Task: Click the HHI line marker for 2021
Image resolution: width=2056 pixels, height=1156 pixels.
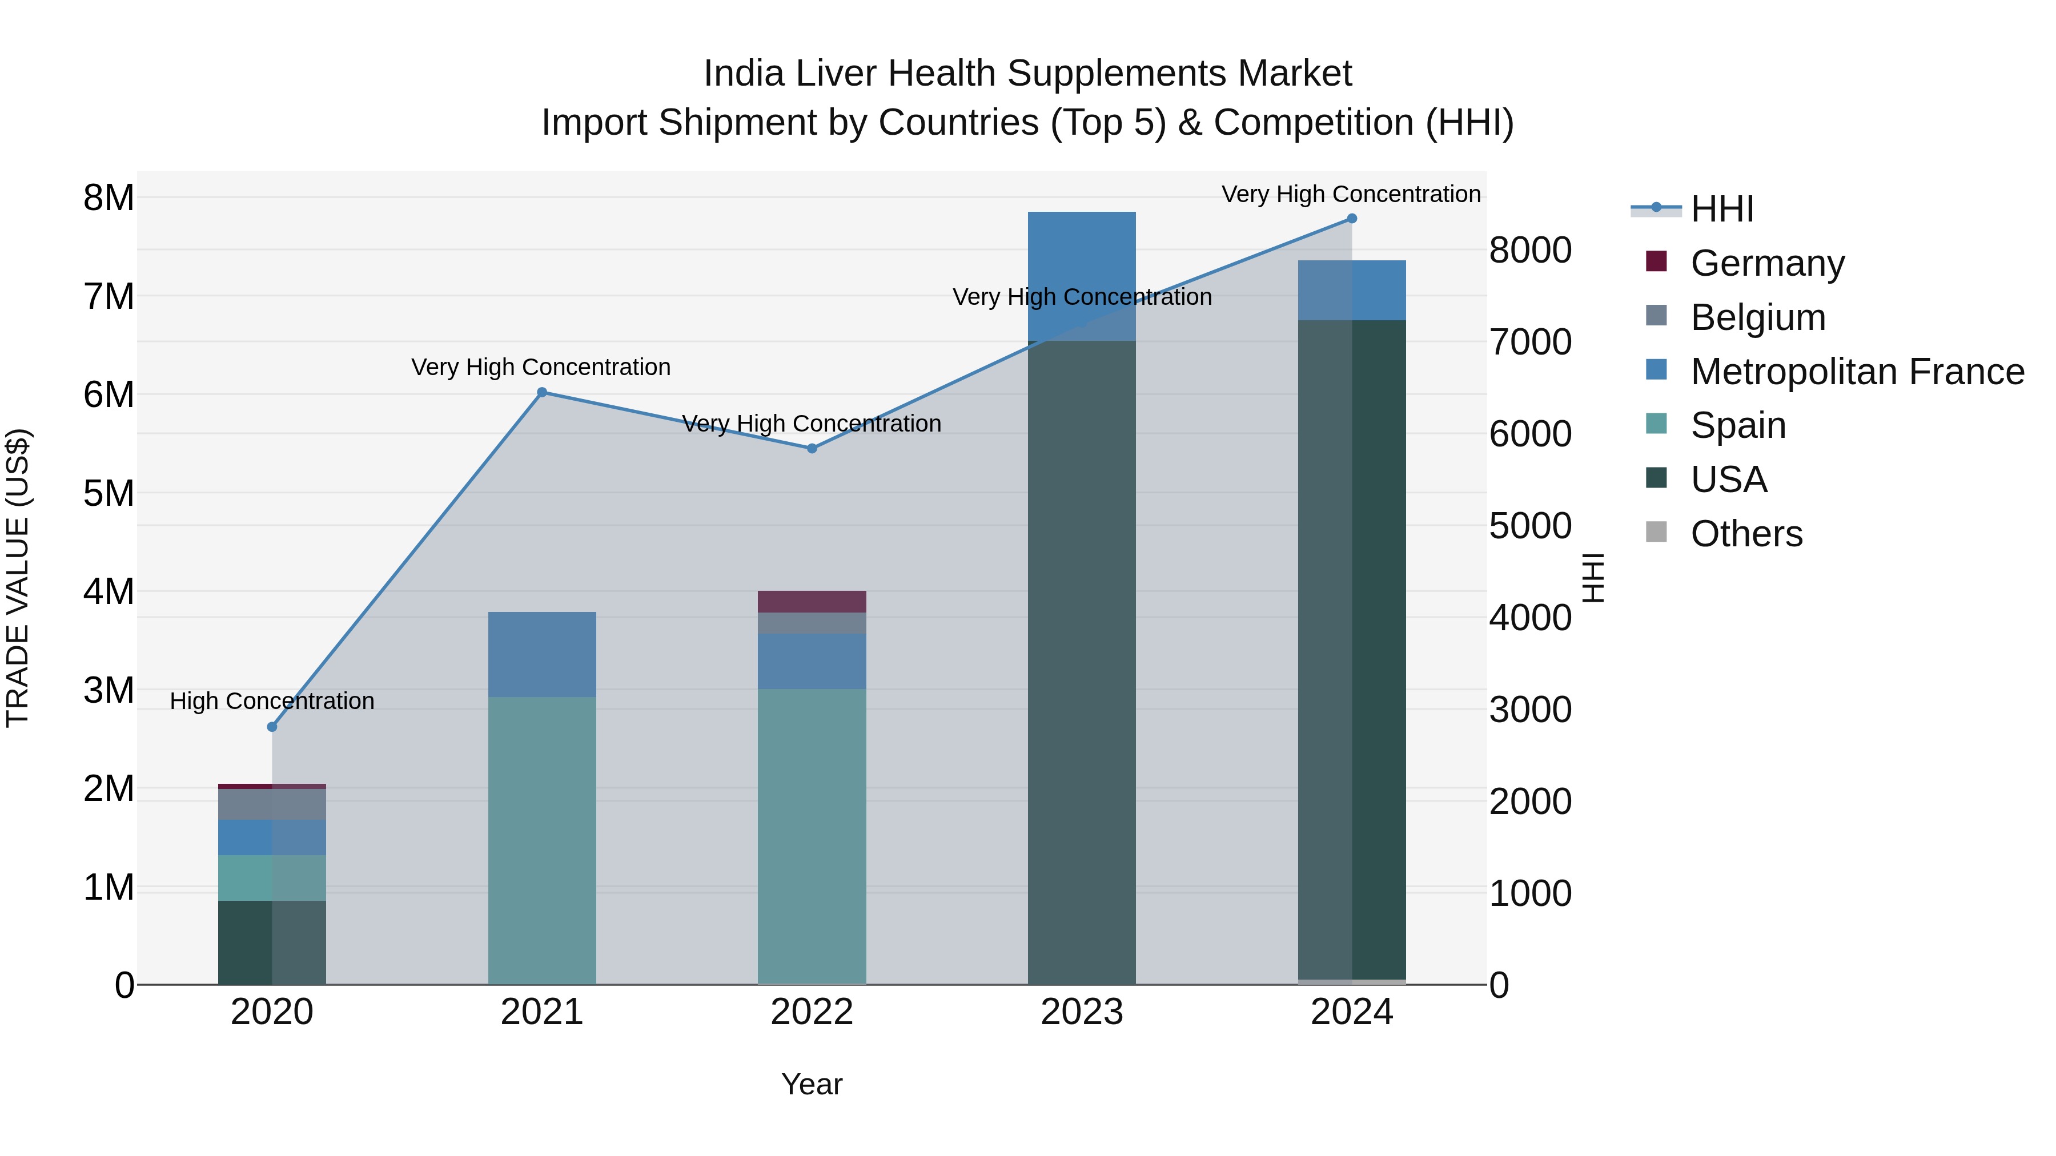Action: pyautogui.click(x=542, y=392)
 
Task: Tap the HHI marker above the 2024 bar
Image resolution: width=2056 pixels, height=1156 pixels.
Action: pyautogui.click(x=1351, y=219)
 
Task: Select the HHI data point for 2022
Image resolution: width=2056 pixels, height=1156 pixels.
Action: pyautogui.click(x=812, y=448)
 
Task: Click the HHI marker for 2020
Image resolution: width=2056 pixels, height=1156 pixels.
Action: pyautogui.click(x=272, y=727)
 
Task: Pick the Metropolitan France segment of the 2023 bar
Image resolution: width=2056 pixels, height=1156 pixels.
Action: pyautogui.click(x=1082, y=276)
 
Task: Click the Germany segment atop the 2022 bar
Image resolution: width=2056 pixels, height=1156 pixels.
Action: pyautogui.click(x=812, y=602)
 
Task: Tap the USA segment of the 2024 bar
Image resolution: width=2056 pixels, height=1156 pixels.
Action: pyautogui.click(x=1351, y=650)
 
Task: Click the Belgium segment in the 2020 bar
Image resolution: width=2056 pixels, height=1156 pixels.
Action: pyautogui.click(x=272, y=804)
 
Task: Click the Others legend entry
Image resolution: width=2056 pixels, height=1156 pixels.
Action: pyautogui.click(x=1746, y=534)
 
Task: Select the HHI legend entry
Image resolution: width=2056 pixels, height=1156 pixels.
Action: pyautogui.click(x=1721, y=209)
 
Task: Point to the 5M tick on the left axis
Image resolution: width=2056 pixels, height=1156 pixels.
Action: pyautogui.click(x=109, y=493)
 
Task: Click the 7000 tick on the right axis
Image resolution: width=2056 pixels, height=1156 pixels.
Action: pyautogui.click(x=1530, y=343)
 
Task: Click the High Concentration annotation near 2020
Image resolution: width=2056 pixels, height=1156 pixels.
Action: pyautogui.click(x=272, y=701)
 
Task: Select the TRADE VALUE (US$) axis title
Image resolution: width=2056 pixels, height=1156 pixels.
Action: pyautogui.click(x=18, y=578)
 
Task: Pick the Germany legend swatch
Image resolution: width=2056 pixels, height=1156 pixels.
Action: pyautogui.click(x=1656, y=261)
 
